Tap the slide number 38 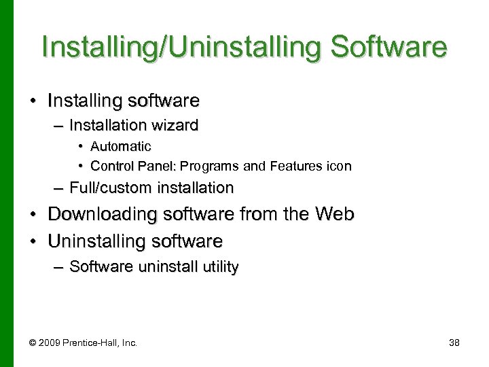(x=454, y=342)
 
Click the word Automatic (x=121, y=146)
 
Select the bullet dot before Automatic (x=81, y=146)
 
